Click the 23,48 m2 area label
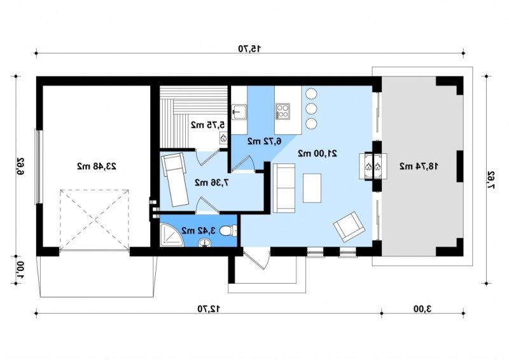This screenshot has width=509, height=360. coord(97,166)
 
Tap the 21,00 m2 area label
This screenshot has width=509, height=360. coord(317,153)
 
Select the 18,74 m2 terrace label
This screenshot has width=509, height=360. coord(419,166)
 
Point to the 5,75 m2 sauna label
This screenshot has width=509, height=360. coord(207,125)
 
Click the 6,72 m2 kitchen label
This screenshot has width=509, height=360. coord(265,141)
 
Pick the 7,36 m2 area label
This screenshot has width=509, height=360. coord(212,183)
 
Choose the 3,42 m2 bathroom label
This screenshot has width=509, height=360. coord(199,230)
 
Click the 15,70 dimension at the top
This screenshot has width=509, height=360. coord(249,49)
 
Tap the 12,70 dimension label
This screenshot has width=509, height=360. coord(209,308)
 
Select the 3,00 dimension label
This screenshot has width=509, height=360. coord(422,308)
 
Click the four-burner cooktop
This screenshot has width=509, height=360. coord(282,111)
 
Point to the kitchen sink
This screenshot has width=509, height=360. coord(239,112)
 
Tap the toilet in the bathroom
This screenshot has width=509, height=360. coord(228,231)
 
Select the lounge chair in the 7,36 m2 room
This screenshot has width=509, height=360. coord(176,181)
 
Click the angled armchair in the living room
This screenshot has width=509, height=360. coord(349,226)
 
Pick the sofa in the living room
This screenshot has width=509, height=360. coord(284,188)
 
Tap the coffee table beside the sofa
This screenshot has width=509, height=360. coord(312,188)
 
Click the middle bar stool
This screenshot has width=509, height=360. coord(311,108)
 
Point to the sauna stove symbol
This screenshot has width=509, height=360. coord(223,137)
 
